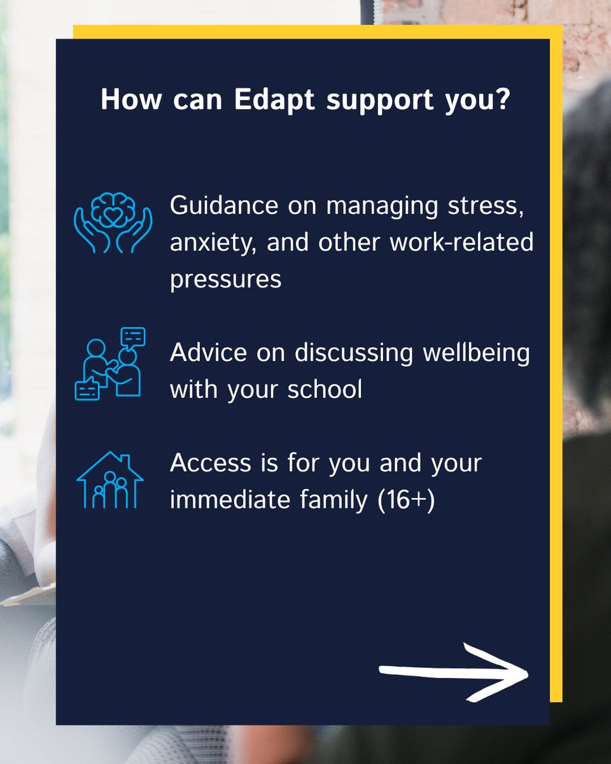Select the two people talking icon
(110, 364)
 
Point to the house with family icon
(110, 480)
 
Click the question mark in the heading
(502, 100)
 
